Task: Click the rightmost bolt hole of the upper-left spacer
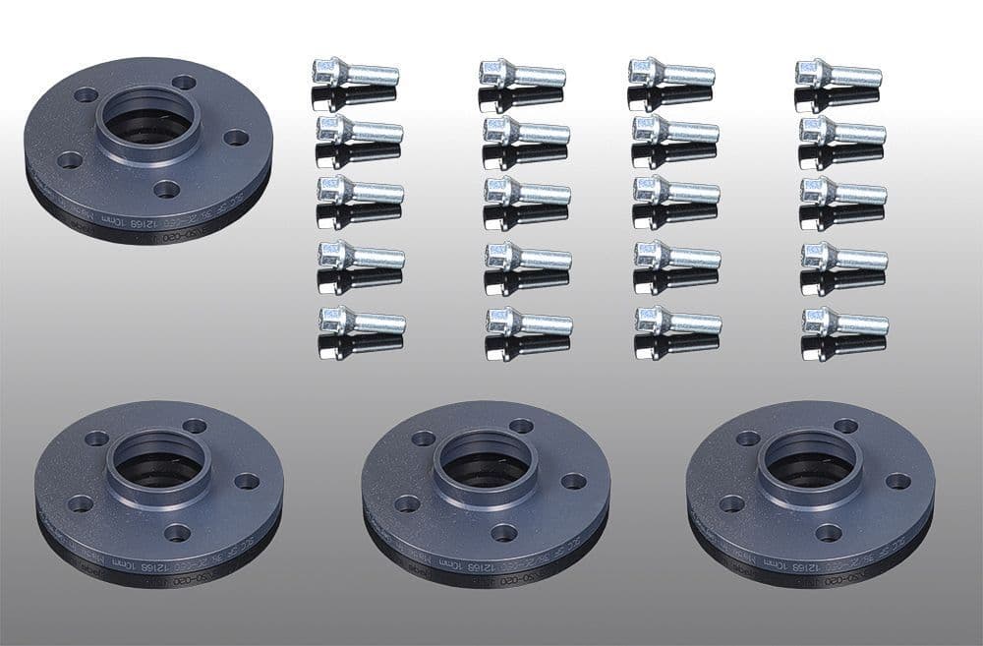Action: point(236,137)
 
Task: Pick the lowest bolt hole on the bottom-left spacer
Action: point(177,532)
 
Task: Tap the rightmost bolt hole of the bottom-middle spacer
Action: point(573,481)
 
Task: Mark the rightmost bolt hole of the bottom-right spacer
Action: point(897,481)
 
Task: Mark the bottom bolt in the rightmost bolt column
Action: point(844,322)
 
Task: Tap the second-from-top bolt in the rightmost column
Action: point(841,131)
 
